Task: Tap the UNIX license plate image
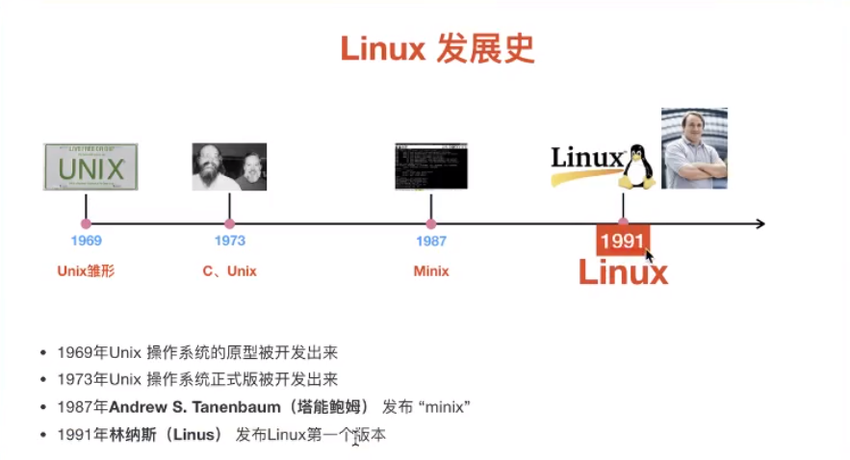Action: tap(90, 166)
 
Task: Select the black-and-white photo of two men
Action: tap(229, 166)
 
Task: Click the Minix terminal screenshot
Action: tap(430, 166)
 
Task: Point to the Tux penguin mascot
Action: tap(636, 166)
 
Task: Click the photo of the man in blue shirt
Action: tap(693, 148)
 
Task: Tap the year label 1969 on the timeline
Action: tap(86, 241)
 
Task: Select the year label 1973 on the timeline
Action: tap(229, 241)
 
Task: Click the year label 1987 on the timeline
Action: tap(430, 241)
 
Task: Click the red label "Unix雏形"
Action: tap(86, 271)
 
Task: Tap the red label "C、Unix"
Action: tap(229, 271)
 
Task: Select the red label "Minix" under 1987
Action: tap(430, 271)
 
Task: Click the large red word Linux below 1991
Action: tap(622, 272)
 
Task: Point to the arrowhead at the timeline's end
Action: tap(760, 224)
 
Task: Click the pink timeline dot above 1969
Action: tap(86, 224)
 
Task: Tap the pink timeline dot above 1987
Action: tap(430, 224)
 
